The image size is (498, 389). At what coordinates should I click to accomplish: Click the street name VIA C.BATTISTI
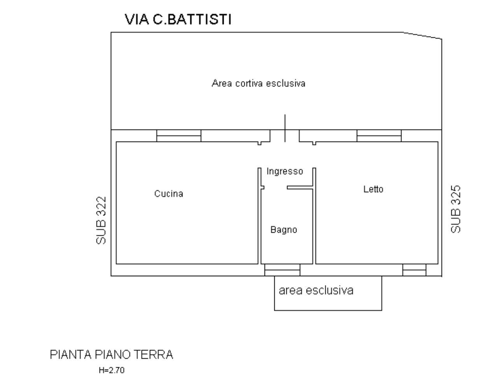point(178,19)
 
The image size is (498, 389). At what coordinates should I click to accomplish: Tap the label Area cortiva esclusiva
point(258,83)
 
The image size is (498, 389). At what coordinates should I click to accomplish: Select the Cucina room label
point(169,194)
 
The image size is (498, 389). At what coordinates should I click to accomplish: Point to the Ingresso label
point(285,172)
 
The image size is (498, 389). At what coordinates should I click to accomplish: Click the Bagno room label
point(284,230)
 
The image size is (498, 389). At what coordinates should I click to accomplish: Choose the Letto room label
point(373,189)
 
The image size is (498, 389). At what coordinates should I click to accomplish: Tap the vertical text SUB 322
point(101,221)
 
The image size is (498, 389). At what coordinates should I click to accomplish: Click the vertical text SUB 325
point(456,209)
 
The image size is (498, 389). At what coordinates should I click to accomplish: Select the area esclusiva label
point(316,291)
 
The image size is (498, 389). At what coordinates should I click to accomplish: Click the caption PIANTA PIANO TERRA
point(111,355)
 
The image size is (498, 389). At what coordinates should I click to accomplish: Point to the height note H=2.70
point(112,370)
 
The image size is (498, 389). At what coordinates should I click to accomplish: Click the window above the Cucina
point(179,136)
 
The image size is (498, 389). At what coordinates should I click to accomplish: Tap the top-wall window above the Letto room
point(379,136)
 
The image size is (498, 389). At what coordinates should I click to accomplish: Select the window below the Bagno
point(282,270)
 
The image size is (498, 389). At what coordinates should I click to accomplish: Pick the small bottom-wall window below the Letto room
point(414,270)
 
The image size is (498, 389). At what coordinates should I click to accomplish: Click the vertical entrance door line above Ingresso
point(285,128)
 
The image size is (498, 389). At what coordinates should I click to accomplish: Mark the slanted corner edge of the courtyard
point(423,35)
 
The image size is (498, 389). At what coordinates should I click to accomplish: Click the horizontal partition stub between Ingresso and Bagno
point(300,187)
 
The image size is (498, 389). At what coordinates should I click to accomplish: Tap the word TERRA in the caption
point(153,355)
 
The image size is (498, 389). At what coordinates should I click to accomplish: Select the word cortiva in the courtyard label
point(249,83)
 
